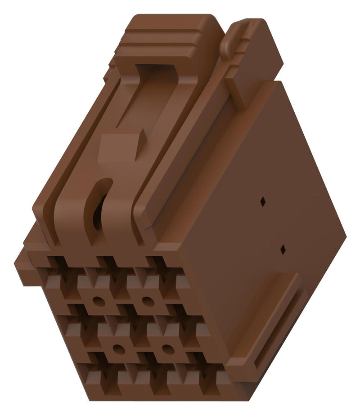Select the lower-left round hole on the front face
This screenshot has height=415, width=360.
(118, 347)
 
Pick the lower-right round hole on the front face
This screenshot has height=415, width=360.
(167, 347)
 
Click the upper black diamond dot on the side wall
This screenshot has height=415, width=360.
(263, 203)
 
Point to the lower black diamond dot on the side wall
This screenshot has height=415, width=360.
(283, 249)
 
